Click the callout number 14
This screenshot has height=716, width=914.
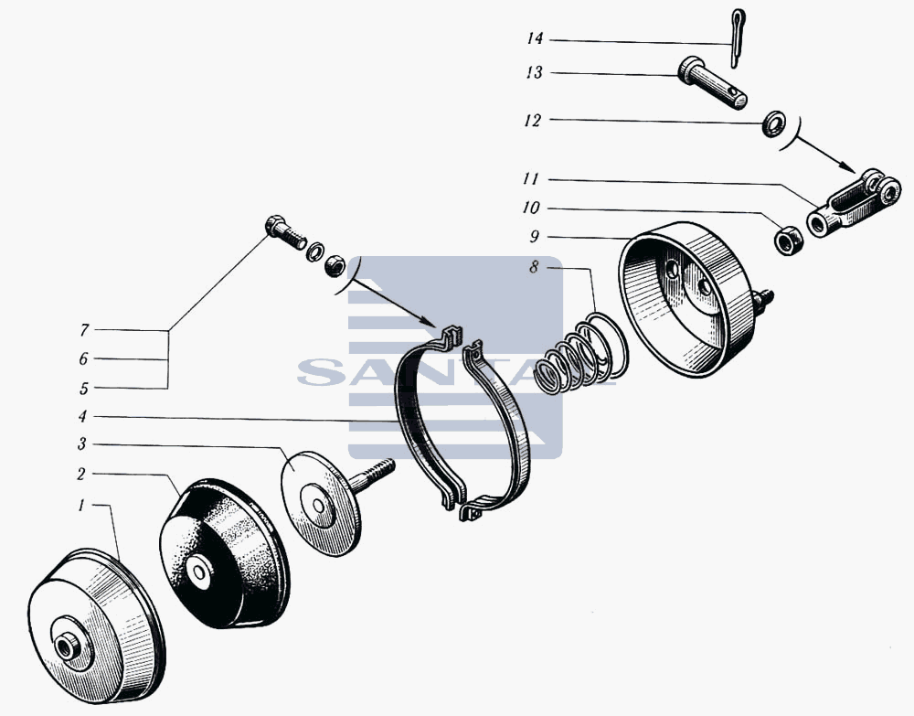535,39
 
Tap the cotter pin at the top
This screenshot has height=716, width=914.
737,37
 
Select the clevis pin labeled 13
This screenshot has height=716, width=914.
712,83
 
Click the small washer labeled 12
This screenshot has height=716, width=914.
773,124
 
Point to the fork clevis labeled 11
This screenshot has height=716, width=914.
854,202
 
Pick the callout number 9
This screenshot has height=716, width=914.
535,237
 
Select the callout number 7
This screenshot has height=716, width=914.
84,331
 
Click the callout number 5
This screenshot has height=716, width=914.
84,389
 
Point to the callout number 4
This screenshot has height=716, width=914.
83,417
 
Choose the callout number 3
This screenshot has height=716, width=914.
82,444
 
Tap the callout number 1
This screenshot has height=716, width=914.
82,505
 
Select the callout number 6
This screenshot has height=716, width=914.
84,359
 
